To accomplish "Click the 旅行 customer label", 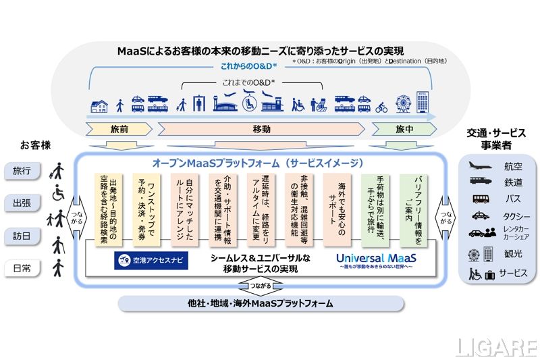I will click(22, 172).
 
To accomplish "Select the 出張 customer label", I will click(22, 202).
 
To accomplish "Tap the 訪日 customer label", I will click(22, 237).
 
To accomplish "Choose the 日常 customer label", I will click(22, 269).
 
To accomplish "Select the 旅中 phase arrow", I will click(404, 129).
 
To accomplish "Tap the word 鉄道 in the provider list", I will click(513, 182).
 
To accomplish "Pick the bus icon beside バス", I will click(480, 199).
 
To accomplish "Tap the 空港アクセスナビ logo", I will click(151, 260).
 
